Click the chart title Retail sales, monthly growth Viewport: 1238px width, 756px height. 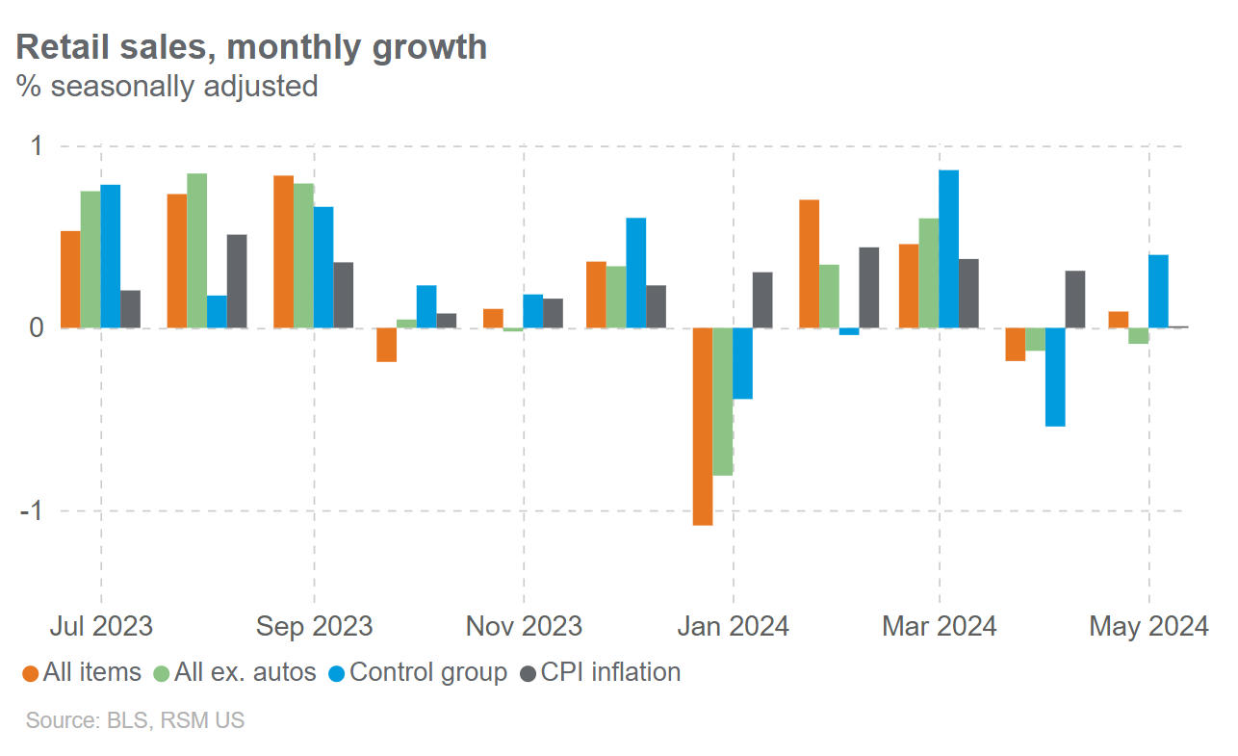(251, 47)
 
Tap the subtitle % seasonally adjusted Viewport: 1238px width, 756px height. (167, 86)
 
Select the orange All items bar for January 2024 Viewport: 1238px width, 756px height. (703, 427)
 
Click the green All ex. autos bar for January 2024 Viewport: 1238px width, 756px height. (723, 402)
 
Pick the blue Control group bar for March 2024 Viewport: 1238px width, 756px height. (949, 249)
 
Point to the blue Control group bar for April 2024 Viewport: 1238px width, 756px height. (1055, 377)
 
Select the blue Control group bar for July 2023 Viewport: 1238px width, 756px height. (111, 256)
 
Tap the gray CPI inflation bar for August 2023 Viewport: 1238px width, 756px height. (237, 281)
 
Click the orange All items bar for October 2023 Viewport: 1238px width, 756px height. (386, 345)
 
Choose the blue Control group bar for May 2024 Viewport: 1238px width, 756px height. (1158, 292)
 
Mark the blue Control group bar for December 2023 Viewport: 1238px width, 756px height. (635, 274)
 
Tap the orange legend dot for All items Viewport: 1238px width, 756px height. (31, 673)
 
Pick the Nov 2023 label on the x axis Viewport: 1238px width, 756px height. (524, 627)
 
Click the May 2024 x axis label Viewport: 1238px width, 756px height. (1148, 627)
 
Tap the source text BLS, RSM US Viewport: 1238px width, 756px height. (135, 720)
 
